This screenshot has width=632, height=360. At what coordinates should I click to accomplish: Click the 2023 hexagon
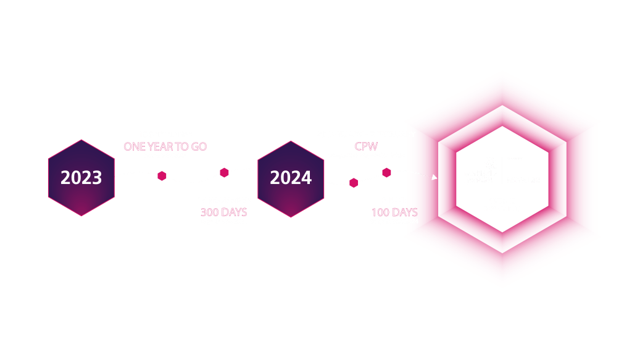pyautogui.click(x=81, y=178)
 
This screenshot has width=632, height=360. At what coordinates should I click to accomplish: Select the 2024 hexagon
pyautogui.click(x=291, y=178)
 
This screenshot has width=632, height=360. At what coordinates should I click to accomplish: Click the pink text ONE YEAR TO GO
pyautogui.click(x=165, y=146)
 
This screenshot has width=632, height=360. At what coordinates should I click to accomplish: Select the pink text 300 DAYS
pyautogui.click(x=223, y=212)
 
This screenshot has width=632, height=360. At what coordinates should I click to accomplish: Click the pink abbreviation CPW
pyautogui.click(x=366, y=146)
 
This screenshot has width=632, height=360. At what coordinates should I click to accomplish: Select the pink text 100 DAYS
pyautogui.click(x=394, y=212)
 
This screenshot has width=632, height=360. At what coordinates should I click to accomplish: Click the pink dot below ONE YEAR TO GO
pyautogui.click(x=162, y=176)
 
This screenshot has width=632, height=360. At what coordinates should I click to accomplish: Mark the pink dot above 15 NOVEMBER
pyautogui.click(x=224, y=172)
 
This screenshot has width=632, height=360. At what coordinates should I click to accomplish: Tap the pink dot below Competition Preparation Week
pyautogui.click(x=386, y=172)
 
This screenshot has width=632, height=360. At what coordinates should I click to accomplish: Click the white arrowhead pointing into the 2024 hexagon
pyautogui.click(x=254, y=167)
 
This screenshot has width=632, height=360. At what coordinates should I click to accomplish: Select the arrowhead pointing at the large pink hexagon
pyautogui.click(x=434, y=178)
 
